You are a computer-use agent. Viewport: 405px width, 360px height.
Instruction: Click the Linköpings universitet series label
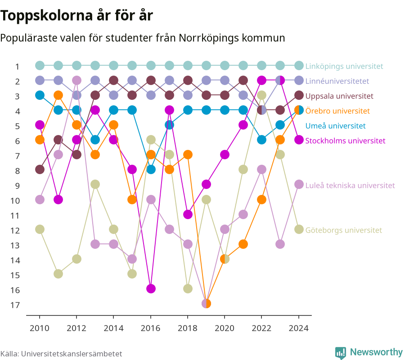coord(344,66)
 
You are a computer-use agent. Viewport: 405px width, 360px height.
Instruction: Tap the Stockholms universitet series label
coord(345,141)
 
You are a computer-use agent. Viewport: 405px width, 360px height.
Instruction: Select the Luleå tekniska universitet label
coord(350,185)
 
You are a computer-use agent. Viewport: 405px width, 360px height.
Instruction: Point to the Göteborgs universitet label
coord(343,230)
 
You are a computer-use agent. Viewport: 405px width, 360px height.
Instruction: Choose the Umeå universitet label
coord(335,126)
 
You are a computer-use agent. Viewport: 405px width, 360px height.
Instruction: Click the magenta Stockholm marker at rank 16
coord(151,288)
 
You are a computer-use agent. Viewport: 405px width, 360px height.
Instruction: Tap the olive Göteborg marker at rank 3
coord(261,95)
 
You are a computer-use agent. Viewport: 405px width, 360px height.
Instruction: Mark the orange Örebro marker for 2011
coord(58,95)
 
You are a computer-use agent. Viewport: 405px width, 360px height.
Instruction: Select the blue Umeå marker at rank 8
coord(151,169)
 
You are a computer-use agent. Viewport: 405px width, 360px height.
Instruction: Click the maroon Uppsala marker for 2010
coord(40,169)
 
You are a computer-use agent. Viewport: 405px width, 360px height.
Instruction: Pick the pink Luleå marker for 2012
coord(76,80)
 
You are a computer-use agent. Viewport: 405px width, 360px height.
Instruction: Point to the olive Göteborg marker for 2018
coord(188,288)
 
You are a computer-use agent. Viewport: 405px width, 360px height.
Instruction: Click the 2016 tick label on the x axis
coord(151,328)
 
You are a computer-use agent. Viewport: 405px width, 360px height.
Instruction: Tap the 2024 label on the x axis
coord(299,328)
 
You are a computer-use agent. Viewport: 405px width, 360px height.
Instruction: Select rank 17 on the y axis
coord(15,305)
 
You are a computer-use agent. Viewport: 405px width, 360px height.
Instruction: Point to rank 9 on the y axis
coord(17,186)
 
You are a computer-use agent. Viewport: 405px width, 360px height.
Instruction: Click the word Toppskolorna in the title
coord(46,15)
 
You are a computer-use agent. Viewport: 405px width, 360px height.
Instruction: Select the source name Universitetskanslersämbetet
coord(72,354)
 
